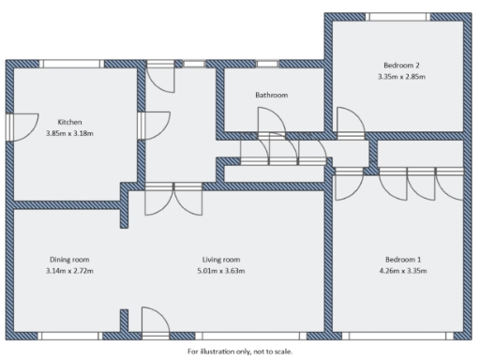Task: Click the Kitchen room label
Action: click(70, 123)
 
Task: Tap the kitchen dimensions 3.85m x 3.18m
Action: click(70, 133)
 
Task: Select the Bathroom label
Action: click(271, 96)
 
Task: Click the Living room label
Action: click(222, 260)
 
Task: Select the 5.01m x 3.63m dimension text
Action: click(222, 271)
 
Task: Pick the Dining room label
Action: click(69, 260)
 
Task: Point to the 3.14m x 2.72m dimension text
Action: click(69, 271)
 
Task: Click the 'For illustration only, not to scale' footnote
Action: click(240, 352)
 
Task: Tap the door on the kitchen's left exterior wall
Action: click(21, 125)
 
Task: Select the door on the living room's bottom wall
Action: click(154, 322)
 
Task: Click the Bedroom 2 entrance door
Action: click(351, 123)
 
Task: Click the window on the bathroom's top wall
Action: click(267, 64)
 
